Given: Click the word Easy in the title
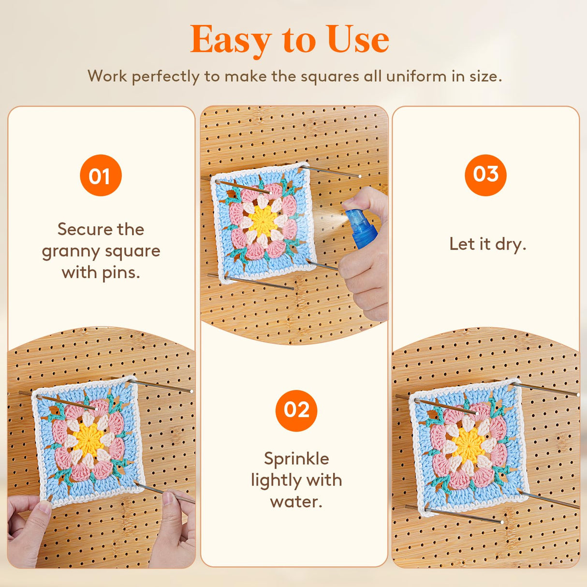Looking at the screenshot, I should (x=230, y=41).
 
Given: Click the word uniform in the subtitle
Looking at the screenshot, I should (x=409, y=76).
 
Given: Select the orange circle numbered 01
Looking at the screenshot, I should (x=101, y=176).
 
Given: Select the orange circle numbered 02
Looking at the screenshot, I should (x=296, y=411).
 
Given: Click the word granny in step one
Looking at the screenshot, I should (x=71, y=252).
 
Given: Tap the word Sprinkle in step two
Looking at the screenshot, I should (x=296, y=458).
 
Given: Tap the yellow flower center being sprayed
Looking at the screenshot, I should (x=264, y=221).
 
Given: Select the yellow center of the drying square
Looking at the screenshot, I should (x=469, y=443).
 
